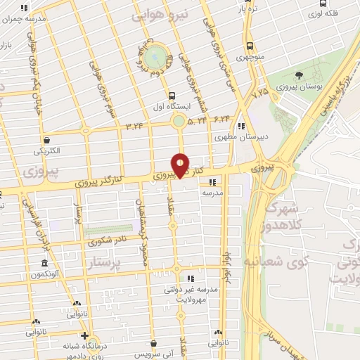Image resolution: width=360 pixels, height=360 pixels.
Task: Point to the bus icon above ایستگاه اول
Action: pyautogui.click(x=172, y=95)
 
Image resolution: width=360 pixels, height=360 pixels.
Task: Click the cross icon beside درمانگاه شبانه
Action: pyautogui.click(x=84, y=337)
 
